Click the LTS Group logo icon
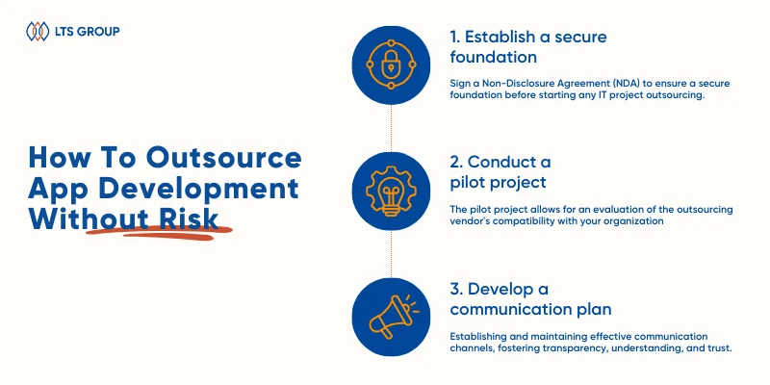coord(38,32)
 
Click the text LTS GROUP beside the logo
coord(87,32)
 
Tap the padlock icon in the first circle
coord(391,64)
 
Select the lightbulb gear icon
coord(391,191)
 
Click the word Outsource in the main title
coord(223,158)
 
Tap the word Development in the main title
coord(199,189)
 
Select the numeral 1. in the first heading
coord(455,37)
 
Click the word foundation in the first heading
coord(494,57)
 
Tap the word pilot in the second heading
coord(467,182)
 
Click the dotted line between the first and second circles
coord(391,128)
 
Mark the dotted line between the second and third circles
coord(391,254)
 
